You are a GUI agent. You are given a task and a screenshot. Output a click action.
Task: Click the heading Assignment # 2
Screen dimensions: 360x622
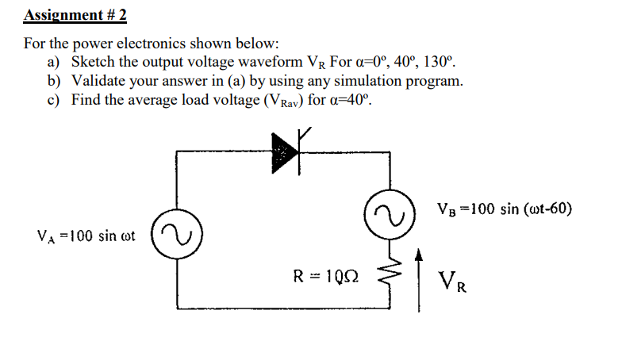(x=76, y=14)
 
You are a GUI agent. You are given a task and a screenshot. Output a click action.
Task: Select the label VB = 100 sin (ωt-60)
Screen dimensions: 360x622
(x=504, y=209)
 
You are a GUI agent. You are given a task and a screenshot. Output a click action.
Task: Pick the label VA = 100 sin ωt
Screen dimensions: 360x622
(x=86, y=236)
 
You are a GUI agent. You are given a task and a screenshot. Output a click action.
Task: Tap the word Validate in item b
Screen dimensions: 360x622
(x=100, y=81)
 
